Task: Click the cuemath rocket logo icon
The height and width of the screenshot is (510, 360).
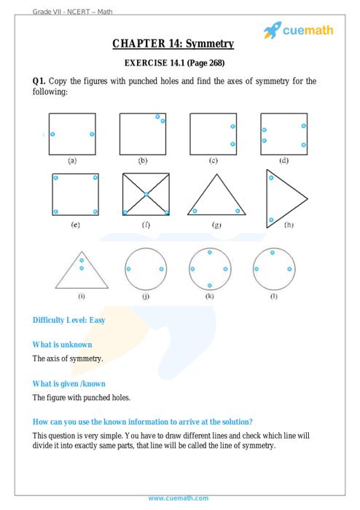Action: tap(273, 31)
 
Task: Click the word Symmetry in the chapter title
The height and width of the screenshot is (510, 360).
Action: tap(210, 44)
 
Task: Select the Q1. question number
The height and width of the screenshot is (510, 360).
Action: tap(39, 81)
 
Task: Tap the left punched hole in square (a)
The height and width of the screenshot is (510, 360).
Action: tap(52, 134)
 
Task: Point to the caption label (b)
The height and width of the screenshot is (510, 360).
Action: tap(142, 160)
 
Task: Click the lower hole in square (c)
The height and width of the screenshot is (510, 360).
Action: tap(233, 144)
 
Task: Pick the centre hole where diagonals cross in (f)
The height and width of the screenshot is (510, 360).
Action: tap(146, 195)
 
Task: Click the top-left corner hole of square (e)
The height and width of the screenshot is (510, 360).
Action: tap(56, 178)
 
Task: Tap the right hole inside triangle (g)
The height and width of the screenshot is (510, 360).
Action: tap(238, 211)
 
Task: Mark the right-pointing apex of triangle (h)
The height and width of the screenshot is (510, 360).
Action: tap(308, 198)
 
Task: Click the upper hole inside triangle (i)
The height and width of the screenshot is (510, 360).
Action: tap(82, 260)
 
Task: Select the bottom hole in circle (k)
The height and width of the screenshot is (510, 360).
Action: tap(210, 286)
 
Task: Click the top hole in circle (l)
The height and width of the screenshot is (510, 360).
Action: tap(273, 252)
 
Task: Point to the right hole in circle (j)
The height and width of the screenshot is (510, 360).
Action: tap(162, 269)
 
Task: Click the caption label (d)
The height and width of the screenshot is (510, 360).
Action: tap(284, 160)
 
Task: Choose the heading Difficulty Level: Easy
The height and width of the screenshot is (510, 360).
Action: tap(69, 320)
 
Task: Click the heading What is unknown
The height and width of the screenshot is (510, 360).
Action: tap(62, 345)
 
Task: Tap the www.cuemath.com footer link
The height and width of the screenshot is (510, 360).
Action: tap(179, 498)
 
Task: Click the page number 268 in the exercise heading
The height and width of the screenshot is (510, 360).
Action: tap(216, 63)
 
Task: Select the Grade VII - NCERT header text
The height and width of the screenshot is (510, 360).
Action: tap(60, 12)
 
